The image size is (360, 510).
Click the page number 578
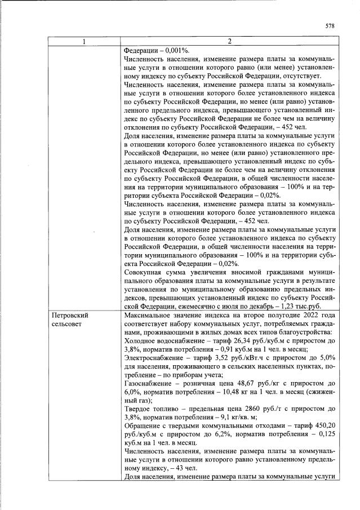click(x=330, y=26)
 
